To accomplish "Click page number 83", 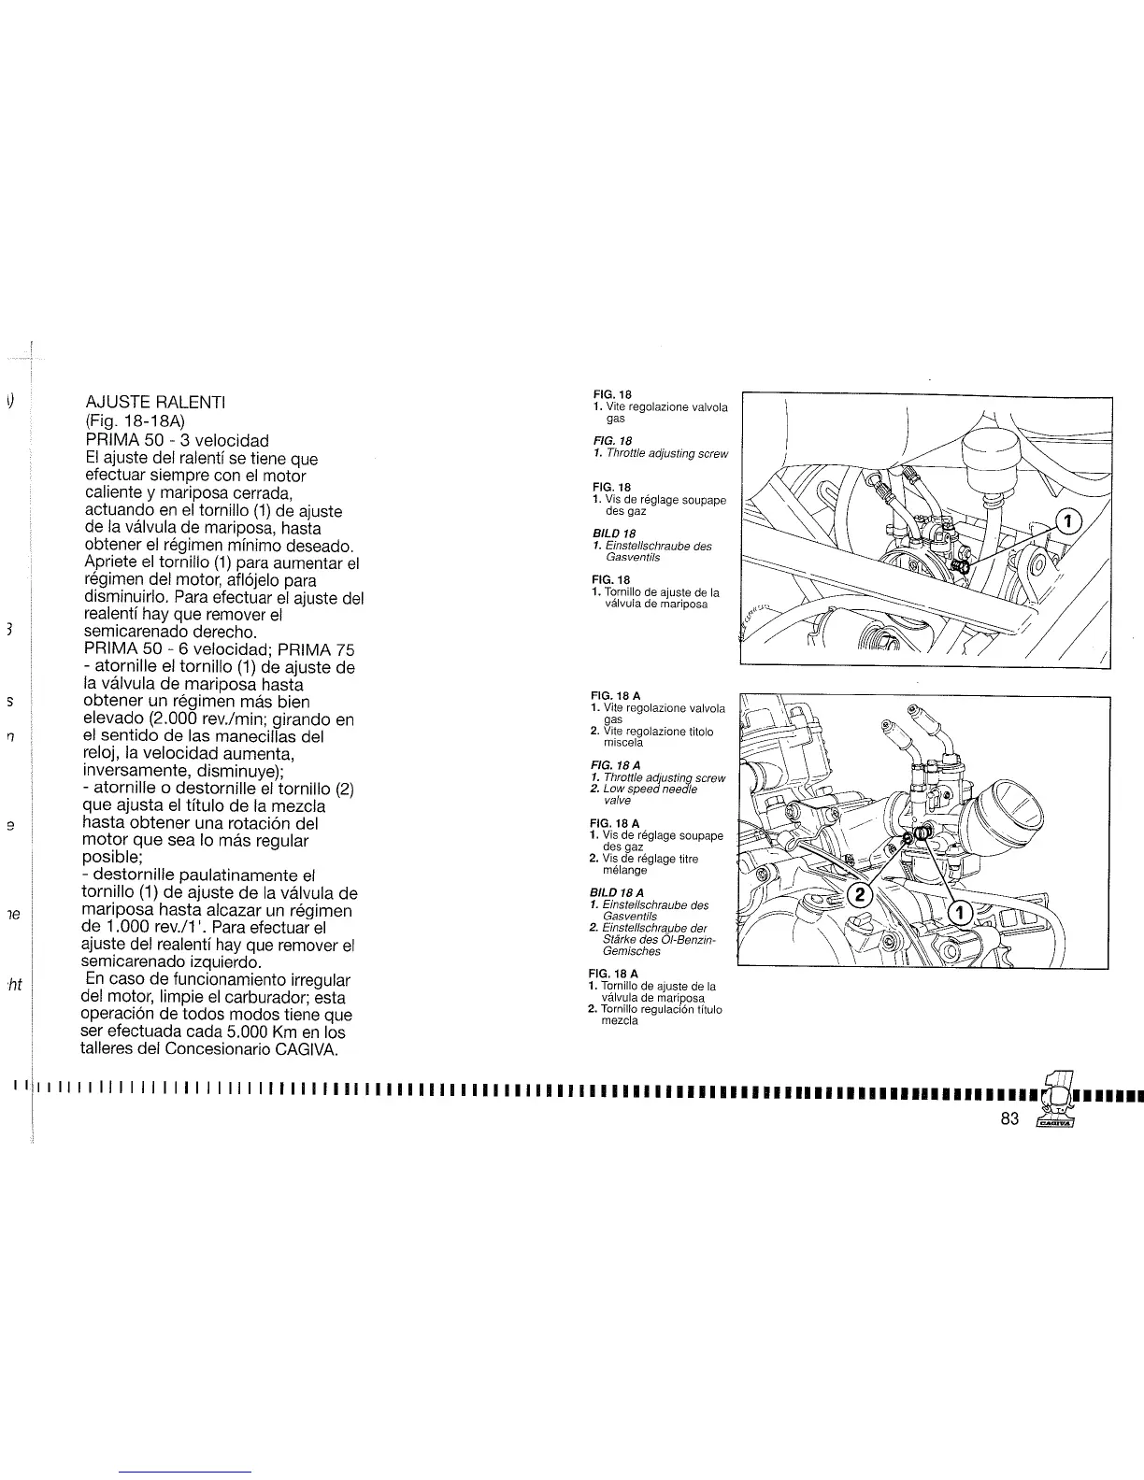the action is pyautogui.click(x=1008, y=1120).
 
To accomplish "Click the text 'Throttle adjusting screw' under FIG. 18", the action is pyautogui.click(x=666, y=453).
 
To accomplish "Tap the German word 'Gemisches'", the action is pyautogui.click(x=632, y=951).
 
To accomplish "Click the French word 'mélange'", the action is pyautogui.click(x=625, y=870).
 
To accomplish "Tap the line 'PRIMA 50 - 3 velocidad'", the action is pyautogui.click(x=177, y=439).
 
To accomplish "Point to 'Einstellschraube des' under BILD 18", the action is pyautogui.click(x=658, y=546).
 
